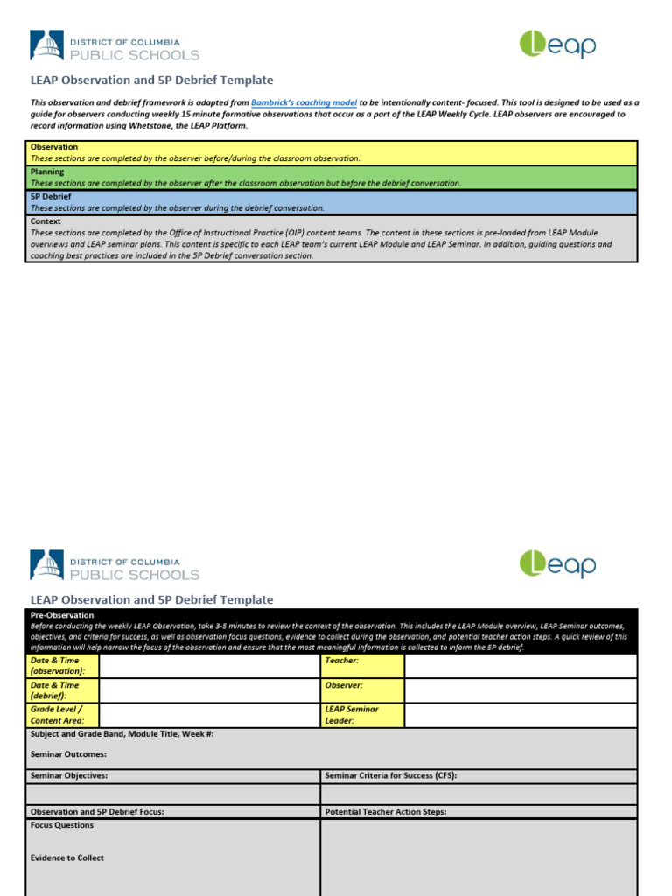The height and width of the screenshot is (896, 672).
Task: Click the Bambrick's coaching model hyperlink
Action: (x=304, y=102)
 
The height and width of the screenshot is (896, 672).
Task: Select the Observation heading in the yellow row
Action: (x=54, y=147)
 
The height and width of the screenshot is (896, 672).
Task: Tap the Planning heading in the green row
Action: (x=48, y=172)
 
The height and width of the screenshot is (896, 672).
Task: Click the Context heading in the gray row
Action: (x=46, y=221)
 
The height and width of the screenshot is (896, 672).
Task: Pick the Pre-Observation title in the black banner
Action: (x=61, y=615)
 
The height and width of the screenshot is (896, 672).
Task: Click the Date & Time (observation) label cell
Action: (x=62, y=665)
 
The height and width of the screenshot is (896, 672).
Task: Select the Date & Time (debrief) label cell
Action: (x=62, y=690)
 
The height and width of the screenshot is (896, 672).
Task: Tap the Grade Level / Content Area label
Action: (x=62, y=715)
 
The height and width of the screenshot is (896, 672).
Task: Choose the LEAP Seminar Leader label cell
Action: (x=361, y=715)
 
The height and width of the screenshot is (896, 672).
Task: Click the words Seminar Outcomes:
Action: (x=68, y=754)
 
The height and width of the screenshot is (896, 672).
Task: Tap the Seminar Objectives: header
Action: (x=69, y=775)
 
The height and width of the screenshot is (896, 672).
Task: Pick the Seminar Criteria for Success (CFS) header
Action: (x=390, y=775)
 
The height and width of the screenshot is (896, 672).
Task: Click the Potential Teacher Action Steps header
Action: (x=385, y=812)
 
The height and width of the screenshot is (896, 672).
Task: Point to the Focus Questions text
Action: (x=62, y=825)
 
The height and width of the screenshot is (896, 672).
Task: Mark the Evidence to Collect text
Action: (x=66, y=857)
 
